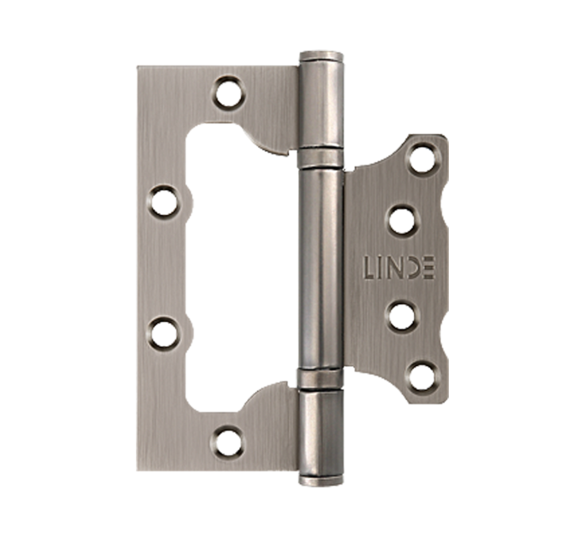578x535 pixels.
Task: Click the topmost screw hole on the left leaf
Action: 230,93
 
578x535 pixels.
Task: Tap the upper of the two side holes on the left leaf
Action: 164,202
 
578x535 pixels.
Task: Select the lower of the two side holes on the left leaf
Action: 164,333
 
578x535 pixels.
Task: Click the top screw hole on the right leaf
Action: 422,160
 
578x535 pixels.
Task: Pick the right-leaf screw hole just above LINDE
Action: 402,221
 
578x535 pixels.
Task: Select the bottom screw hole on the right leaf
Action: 422,378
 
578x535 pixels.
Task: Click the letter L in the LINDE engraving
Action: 371,266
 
